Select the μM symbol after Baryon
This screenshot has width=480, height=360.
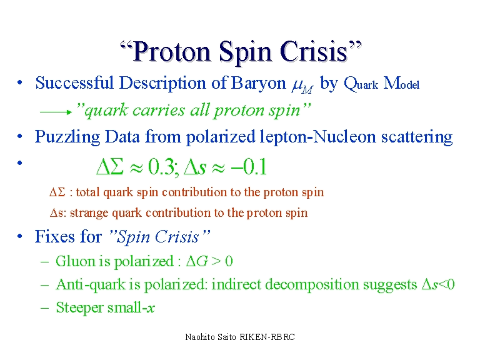click(x=302, y=86)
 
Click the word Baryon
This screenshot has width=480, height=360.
click(x=259, y=84)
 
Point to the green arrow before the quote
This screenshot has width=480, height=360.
click(x=56, y=112)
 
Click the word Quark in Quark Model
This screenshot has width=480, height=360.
click(x=361, y=84)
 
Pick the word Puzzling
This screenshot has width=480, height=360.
click(x=67, y=137)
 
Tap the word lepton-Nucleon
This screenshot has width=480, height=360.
click(x=317, y=136)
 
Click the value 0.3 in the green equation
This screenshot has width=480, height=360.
click(x=161, y=167)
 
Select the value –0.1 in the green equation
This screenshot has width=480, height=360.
click(x=249, y=167)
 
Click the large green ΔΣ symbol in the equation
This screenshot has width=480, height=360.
click(x=110, y=167)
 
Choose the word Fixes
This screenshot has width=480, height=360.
click(x=52, y=237)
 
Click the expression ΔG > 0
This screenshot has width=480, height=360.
click(x=209, y=261)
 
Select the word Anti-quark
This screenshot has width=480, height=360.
click(x=91, y=285)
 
